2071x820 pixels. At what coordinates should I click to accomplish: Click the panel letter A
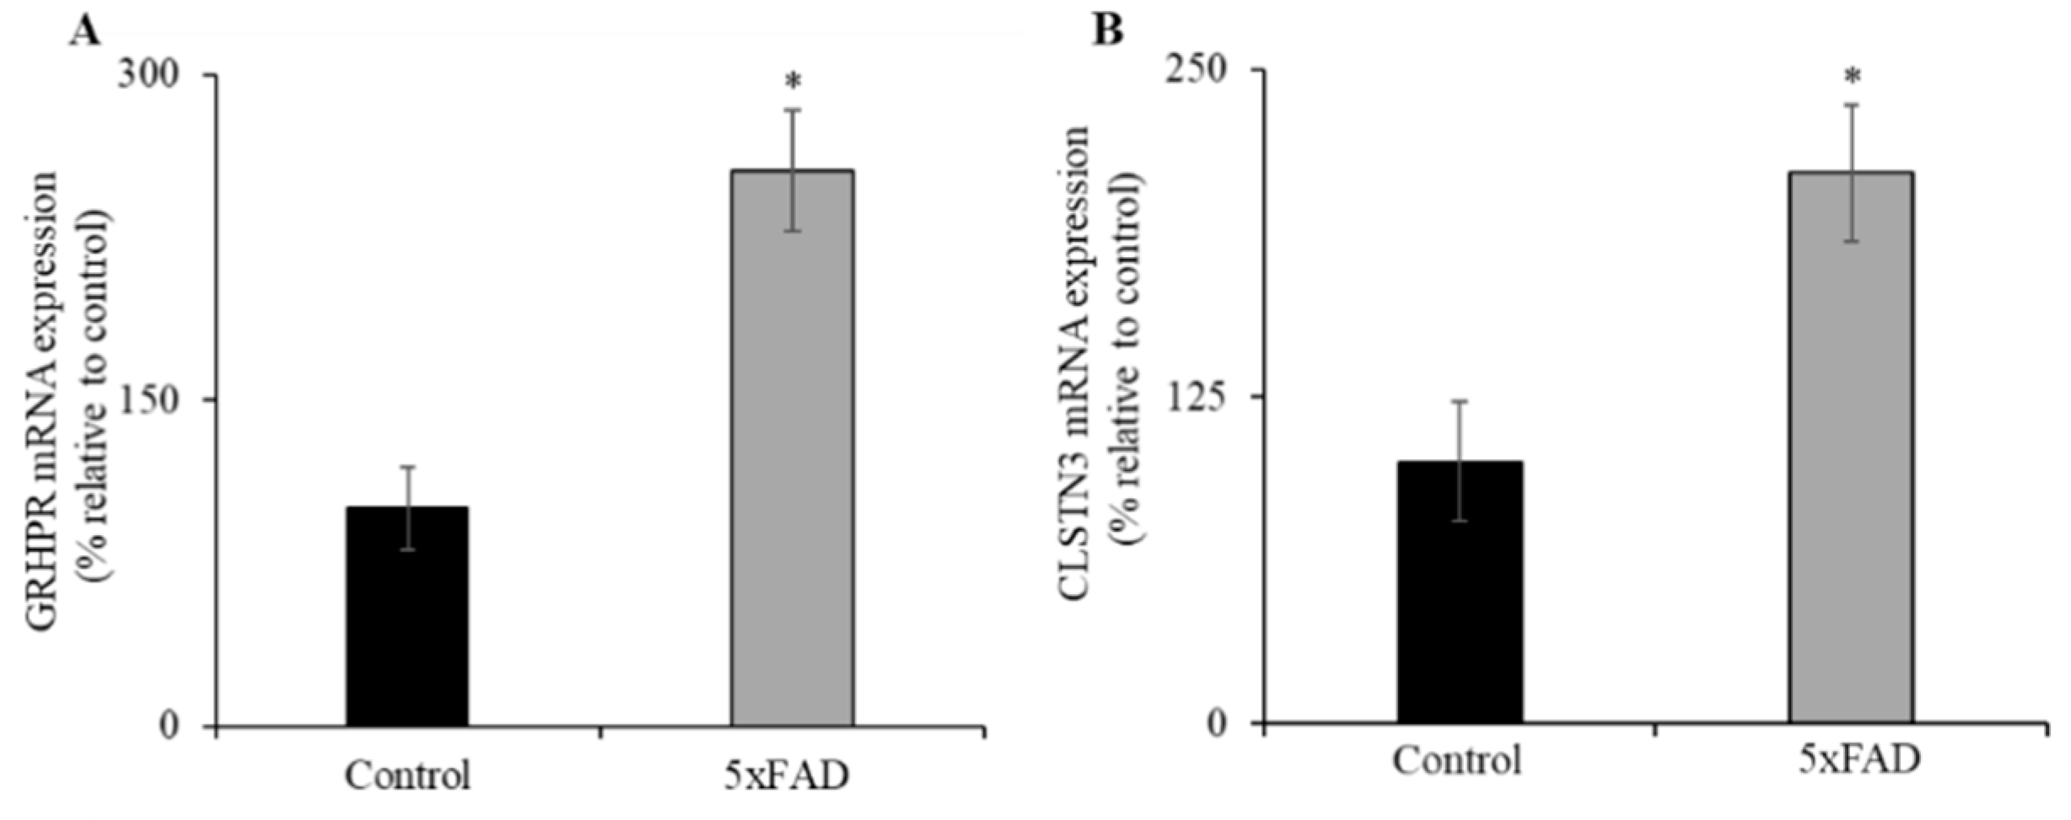tap(85, 32)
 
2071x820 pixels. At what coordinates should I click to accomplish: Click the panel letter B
tap(1108, 32)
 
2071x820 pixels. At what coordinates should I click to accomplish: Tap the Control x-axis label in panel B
tap(1457, 762)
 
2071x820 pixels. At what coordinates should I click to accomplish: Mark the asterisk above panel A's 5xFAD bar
tap(793, 83)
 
